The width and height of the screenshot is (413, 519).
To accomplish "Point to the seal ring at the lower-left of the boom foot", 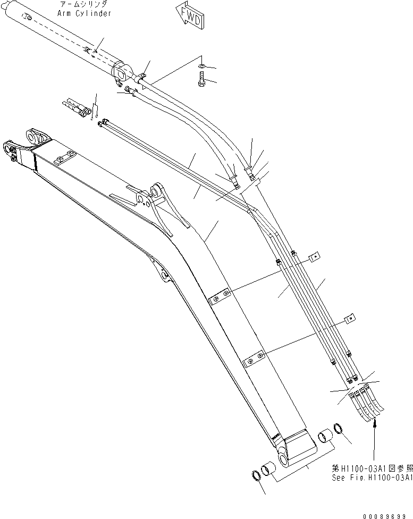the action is (x=256, y=475).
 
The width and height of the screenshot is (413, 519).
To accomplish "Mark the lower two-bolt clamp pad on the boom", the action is (x=253, y=359).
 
